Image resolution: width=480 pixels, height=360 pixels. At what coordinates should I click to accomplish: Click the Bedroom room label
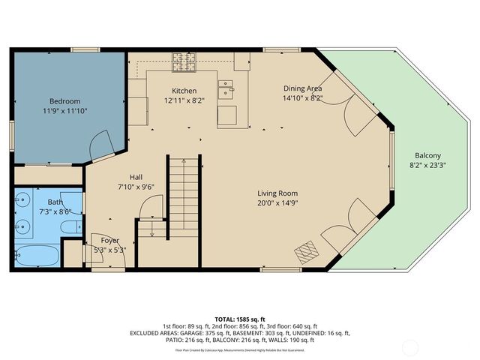64,101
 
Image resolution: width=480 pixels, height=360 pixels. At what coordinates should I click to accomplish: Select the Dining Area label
303,87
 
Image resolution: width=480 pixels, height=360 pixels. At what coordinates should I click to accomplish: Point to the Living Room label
278,193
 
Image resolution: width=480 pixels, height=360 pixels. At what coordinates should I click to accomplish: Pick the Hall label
136,177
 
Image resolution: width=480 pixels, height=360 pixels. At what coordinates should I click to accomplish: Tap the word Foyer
110,240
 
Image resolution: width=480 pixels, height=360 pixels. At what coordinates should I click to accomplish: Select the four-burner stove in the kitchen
183,61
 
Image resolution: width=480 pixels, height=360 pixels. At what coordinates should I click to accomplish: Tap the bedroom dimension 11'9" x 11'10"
64,112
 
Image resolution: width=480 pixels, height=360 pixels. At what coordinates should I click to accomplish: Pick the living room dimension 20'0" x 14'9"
278,203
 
